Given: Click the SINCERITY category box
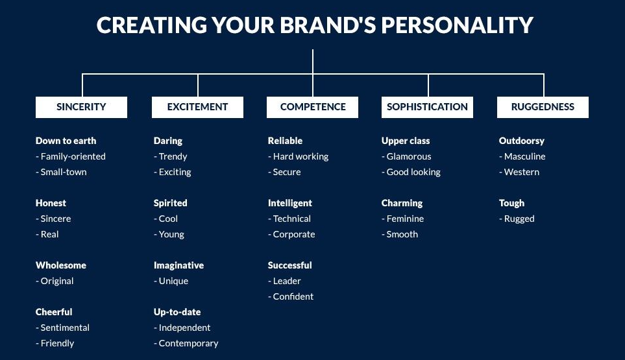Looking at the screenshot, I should coord(81,107).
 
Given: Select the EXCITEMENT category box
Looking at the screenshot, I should coord(197,107).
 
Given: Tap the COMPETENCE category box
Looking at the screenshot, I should coord(312,107).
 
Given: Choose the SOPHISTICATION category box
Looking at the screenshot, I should coord(427,107).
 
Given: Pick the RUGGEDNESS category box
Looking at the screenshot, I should coord(543,107).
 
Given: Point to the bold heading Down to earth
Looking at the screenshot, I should coord(66,141).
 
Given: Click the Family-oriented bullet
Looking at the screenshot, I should coord(71,156).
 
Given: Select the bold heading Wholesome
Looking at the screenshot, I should coord(61,265).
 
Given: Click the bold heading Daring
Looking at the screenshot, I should coord(168,141).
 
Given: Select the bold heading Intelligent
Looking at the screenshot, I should coord(290,203).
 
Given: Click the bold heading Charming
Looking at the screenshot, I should coord(402,203).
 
